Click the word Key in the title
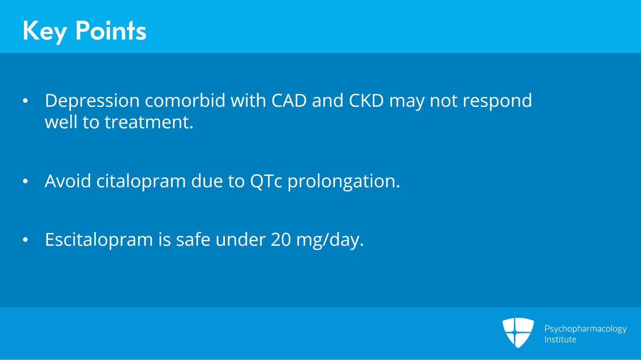44,31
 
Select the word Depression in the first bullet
92,101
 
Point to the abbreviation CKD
366,101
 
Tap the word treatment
149,122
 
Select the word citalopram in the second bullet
141,182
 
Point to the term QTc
266,181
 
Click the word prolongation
343,182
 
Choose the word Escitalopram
99,240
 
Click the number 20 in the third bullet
281,240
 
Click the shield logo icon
518,332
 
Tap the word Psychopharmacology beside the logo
585,329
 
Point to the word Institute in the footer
560,340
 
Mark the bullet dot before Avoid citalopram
25,181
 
